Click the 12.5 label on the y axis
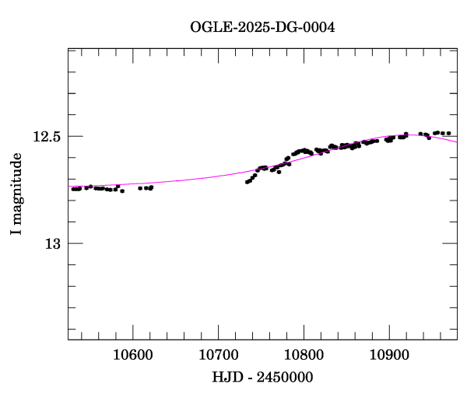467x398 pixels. [46, 137]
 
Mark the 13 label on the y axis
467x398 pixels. [52, 244]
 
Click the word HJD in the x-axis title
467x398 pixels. [227, 378]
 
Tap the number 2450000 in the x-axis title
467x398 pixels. [285, 378]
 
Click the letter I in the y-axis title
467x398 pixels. [17, 232]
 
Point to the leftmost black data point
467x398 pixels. [72, 189]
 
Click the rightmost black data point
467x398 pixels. [448, 133]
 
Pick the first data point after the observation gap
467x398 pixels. [247, 182]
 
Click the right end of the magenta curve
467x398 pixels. [457, 142]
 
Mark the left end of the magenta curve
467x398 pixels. [68, 187]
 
